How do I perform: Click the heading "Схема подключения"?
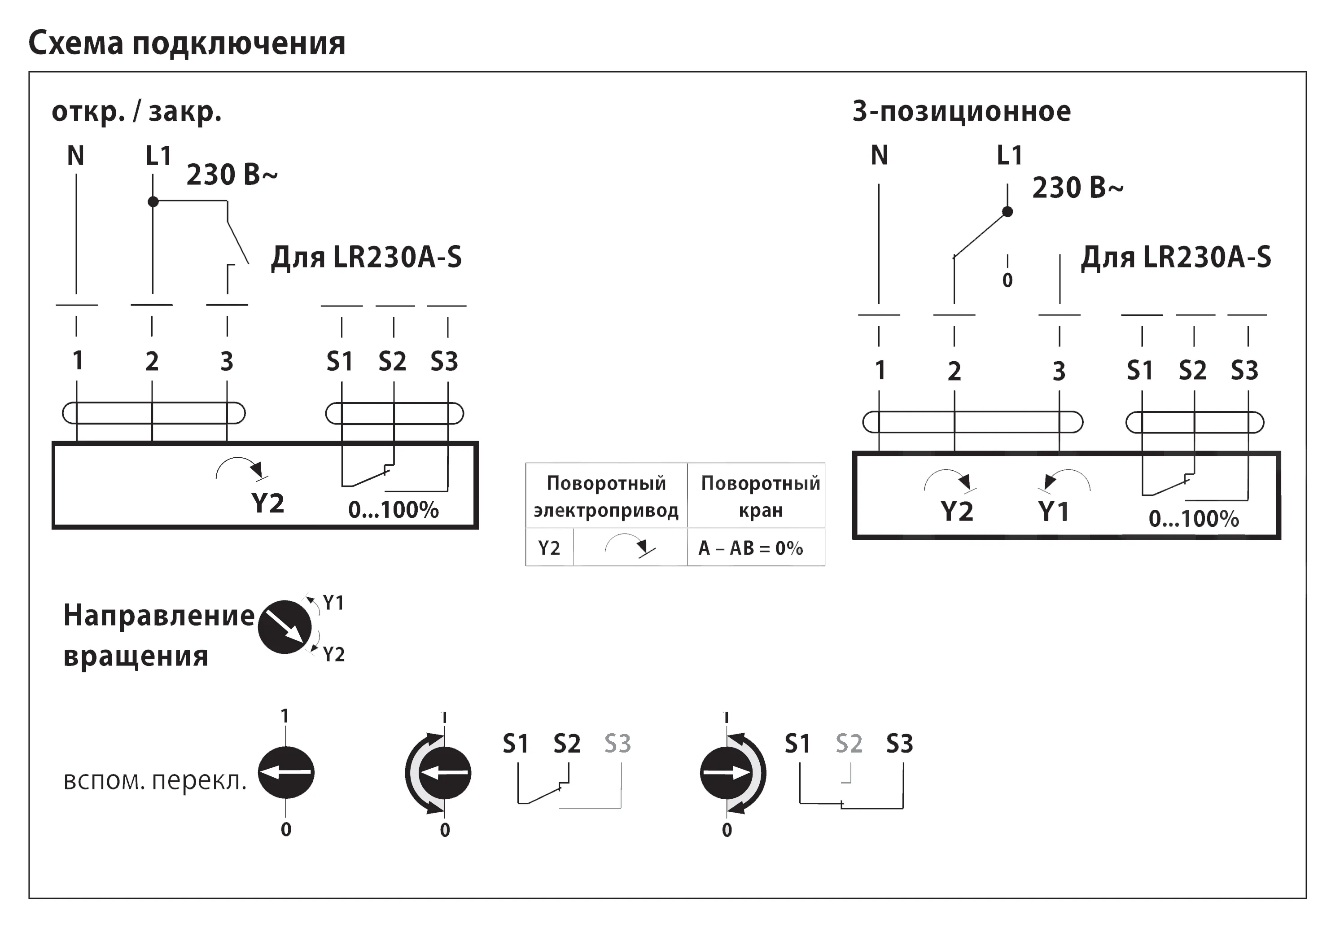click(187, 43)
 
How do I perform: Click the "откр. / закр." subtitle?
click(137, 111)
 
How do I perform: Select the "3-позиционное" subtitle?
click(961, 111)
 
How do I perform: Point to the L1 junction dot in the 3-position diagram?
click(1007, 211)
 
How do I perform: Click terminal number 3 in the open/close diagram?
click(227, 362)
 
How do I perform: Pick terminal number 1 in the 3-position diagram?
click(880, 370)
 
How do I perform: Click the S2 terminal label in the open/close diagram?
click(393, 362)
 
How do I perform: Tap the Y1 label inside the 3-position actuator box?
click(1053, 511)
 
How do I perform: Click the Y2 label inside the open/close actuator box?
click(267, 503)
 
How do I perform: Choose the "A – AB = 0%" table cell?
click(751, 548)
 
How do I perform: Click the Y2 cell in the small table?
click(549, 548)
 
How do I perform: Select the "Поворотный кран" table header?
click(760, 496)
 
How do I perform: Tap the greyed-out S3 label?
click(617, 743)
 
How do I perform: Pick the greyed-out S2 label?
click(849, 743)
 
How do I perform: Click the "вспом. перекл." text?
click(155, 781)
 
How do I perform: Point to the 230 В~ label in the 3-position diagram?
click(1077, 188)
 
